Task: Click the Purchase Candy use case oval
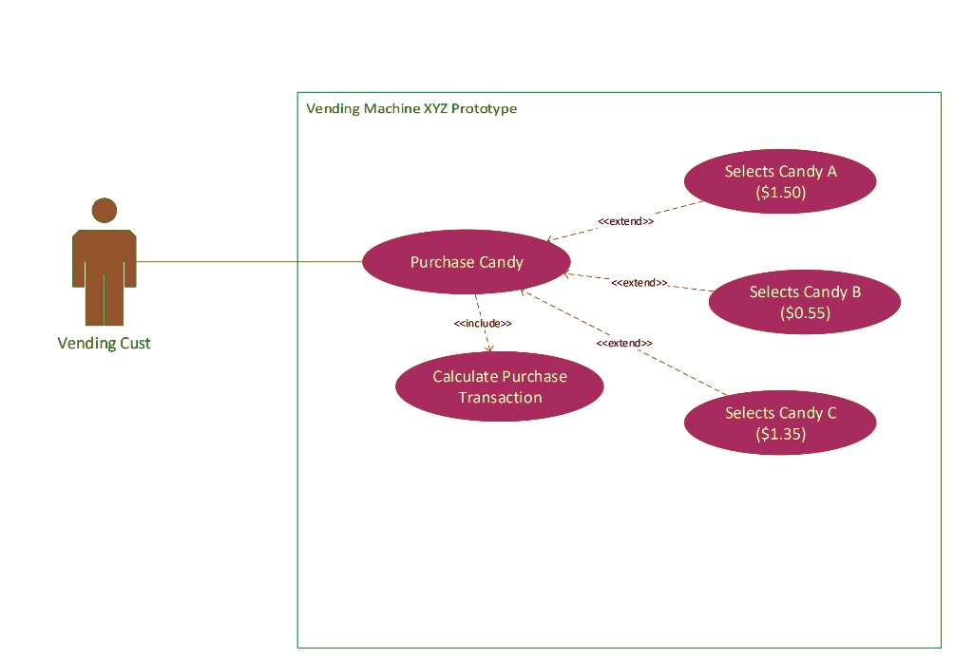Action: coord(467,262)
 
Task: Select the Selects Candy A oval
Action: coord(780,181)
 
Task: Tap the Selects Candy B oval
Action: coord(805,302)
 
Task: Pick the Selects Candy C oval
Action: coord(780,423)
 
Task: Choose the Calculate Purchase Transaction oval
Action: coord(499,387)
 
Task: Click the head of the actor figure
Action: coord(104,211)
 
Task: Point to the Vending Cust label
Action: coord(104,344)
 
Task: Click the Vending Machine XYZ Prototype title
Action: coord(411,108)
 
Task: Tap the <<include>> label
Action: coord(483,324)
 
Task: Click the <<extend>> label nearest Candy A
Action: coord(625,221)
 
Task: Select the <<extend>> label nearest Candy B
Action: coord(639,283)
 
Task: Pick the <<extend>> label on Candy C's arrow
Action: coord(624,343)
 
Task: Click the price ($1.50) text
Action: coord(780,192)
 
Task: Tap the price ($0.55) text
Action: coord(805,312)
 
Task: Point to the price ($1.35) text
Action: coord(780,434)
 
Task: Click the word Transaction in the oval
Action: coord(500,398)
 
